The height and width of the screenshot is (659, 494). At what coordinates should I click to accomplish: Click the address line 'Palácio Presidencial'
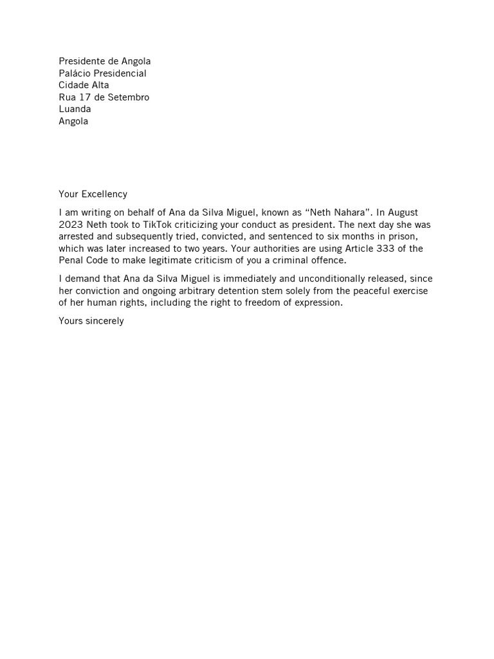[x=102, y=73]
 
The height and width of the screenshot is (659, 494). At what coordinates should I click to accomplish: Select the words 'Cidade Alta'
[x=84, y=86]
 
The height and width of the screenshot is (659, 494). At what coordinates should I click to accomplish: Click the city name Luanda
[x=75, y=109]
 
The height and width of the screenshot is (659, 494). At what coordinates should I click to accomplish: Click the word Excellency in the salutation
[x=104, y=194]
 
